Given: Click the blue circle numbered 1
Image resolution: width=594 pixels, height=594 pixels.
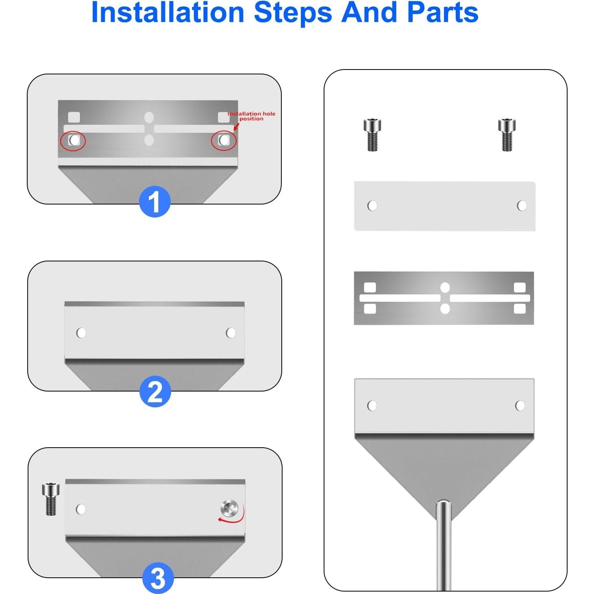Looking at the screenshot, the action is (155, 201).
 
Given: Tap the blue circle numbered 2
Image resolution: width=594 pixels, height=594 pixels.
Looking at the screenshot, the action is (155, 392).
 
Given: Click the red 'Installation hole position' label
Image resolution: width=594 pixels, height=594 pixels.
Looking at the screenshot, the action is (251, 116).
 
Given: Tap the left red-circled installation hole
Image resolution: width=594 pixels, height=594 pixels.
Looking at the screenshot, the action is (74, 140).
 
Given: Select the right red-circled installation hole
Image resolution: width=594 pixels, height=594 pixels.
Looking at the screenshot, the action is (224, 140).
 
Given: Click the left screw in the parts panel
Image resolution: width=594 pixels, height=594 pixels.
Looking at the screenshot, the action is (372, 135).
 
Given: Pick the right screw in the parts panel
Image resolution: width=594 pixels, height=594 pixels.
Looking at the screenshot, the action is (507, 135).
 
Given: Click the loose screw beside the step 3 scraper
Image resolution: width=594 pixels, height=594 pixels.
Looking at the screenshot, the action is (50, 499).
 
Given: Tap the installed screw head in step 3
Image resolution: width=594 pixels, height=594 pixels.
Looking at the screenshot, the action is (229, 508).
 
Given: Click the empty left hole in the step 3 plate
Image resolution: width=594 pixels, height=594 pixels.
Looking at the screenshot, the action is (81, 509).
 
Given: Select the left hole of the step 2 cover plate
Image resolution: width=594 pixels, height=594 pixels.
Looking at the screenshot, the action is (81, 333).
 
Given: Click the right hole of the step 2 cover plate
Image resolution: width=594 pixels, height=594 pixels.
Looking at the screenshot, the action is (231, 333).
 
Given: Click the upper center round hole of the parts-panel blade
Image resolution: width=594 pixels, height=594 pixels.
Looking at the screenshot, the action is (445, 287).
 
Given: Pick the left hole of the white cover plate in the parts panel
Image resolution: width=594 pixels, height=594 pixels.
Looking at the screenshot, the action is (372, 206).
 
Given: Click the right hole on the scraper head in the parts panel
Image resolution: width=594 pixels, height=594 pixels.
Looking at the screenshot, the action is (520, 406).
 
